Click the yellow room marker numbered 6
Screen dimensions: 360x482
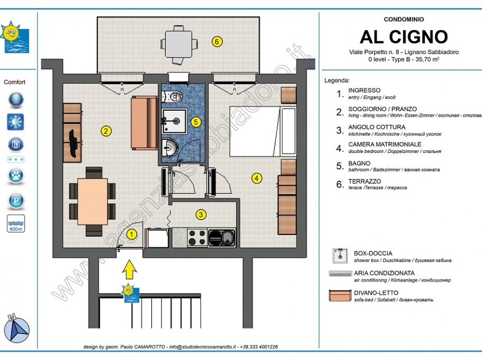pos(216,41)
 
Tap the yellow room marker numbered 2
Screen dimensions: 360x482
pos(106,131)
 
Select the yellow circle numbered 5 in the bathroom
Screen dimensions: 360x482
pos(196,122)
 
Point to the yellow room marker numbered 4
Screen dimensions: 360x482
pos(257,178)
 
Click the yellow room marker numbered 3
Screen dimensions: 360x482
pos(201,214)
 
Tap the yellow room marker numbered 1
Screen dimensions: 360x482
pos(132,232)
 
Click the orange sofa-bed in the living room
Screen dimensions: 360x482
pos(143,123)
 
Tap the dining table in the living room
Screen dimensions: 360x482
pos(92,201)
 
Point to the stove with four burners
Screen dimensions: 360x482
pos(197,237)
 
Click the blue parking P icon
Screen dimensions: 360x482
pos(15,201)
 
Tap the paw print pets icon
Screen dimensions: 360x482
pos(15,175)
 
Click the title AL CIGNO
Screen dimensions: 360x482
pos(404,37)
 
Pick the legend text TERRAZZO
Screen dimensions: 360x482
pos(363,181)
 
